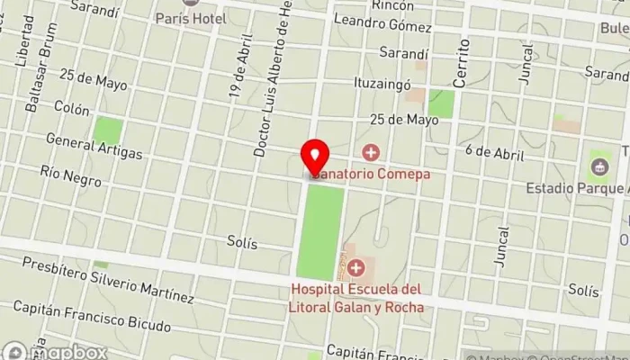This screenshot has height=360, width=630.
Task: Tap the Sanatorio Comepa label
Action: coord(371,174)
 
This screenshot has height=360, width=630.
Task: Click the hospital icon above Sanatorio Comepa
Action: coord(370,152)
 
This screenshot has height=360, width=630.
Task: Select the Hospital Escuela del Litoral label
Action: coord(357,298)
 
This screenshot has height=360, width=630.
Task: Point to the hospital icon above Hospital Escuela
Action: coord(357,268)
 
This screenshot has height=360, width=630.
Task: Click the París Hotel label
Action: coord(190,18)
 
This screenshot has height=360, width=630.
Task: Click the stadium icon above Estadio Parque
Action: coord(600,166)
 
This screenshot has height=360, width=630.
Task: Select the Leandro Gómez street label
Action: coord(390,26)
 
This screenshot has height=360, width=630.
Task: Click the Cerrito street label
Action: coord(461,63)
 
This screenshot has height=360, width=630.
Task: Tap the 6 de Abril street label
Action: coord(495,153)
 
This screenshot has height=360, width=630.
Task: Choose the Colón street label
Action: coord(72,110)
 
